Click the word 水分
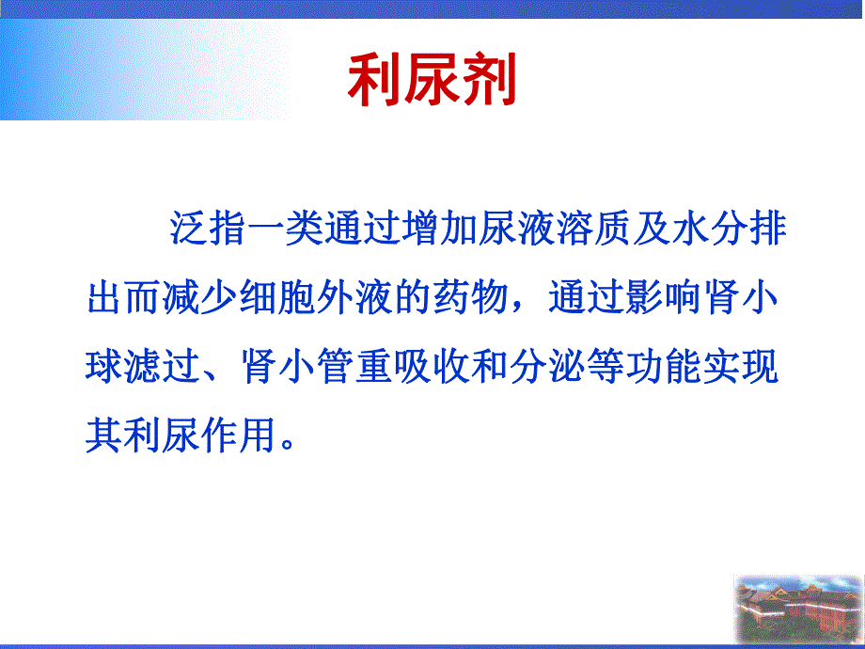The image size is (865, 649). click(x=701, y=230)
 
